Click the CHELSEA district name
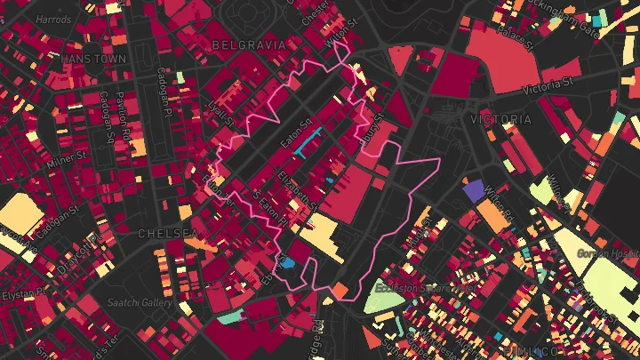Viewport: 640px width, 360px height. point(168,233)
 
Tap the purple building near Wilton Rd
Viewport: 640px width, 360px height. point(473,190)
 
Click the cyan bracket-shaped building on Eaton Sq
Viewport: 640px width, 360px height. point(308,141)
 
